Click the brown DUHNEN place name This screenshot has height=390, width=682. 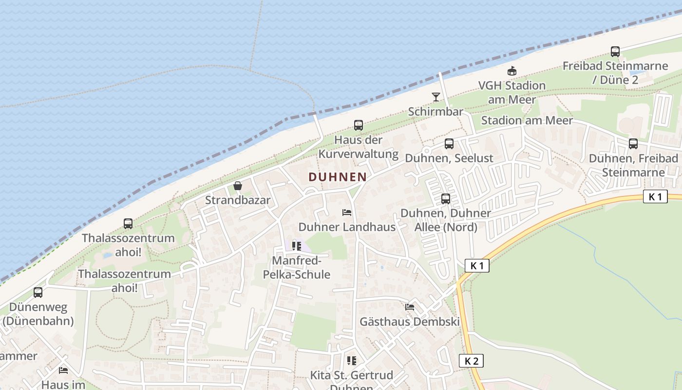tap(338, 176)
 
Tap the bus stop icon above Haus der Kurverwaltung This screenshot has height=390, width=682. tap(359, 125)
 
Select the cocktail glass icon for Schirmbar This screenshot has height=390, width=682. tap(436, 97)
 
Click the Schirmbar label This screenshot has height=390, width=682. tap(436, 112)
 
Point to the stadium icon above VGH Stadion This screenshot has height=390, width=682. tap(511, 71)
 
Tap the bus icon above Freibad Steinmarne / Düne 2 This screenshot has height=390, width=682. tap(615, 52)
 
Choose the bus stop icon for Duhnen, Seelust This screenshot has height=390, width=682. tap(449, 144)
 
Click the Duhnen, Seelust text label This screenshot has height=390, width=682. tap(449, 158)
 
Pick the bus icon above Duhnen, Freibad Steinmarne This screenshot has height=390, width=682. tap(633, 144)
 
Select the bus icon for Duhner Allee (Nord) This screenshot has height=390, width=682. tap(446, 199)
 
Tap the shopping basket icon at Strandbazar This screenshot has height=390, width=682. tap(238, 186)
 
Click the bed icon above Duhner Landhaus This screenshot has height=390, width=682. tap(347, 213)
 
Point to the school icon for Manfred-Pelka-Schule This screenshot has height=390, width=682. tap(297, 246)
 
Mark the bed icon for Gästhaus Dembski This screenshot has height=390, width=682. tap(410, 307)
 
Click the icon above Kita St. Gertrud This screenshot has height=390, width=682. tap(352, 361)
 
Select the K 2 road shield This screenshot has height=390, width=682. tap(471, 361)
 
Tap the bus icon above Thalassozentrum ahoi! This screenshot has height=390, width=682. tap(128, 224)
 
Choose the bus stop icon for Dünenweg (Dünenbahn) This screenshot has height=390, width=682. tap(38, 292)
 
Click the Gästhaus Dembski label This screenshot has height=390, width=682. tap(410, 322)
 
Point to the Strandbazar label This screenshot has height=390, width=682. tap(238, 200)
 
